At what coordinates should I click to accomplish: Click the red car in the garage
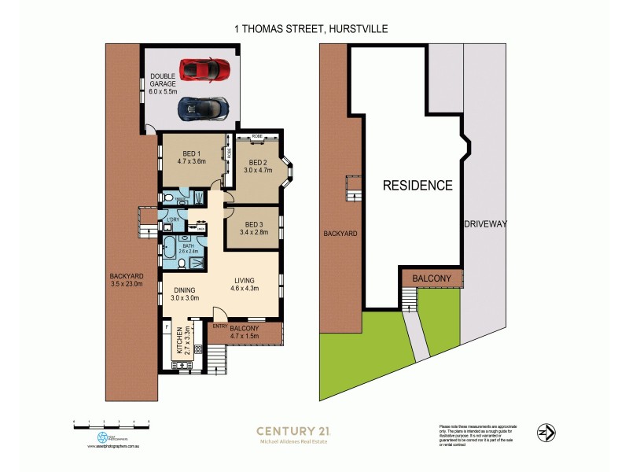pyautogui.click(x=204, y=70)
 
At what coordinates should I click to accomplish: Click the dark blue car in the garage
pyautogui.click(x=204, y=109)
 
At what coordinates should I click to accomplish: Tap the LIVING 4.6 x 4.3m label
pyautogui.click(x=250, y=285)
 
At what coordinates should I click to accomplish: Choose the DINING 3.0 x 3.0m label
pyautogui.click(x=186, y=293)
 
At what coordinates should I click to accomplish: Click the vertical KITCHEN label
pyautogui.click(x=182, y=340)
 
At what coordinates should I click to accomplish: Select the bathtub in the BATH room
pyautogui.click(x=169, y=250)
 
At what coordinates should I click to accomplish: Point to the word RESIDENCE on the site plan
pyautogui.click(x=417, y=186)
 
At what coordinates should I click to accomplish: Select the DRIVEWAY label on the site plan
pyautogui.click(x=487, y=224)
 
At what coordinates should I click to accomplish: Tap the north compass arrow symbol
pyautogui.click(x=546, y=432)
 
